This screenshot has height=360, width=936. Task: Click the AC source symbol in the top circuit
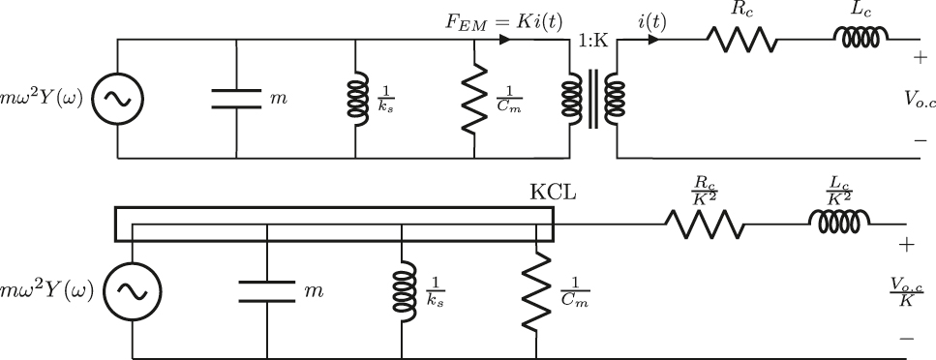(117, 98)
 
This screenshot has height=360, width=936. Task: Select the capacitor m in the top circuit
(236, 98)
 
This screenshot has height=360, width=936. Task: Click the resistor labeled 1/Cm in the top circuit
(474, 98)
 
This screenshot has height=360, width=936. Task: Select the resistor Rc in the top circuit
(741, 40)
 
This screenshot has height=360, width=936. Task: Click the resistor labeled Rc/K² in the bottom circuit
(704, 225)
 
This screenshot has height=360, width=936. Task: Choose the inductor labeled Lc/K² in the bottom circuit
(839, 225)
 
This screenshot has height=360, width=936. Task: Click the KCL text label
(553, 192)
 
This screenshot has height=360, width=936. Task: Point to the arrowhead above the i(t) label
(653, 40)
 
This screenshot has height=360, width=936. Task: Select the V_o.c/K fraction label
(906, 291)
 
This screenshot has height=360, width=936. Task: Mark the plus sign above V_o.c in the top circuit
(918, 58)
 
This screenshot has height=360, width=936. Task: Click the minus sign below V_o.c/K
(906, 339)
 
